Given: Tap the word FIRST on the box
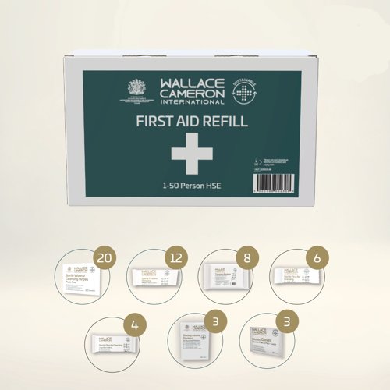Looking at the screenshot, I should [156, 122].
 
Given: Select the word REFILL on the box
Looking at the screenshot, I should [226, 122].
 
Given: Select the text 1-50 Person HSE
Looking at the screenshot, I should [191, 186].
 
